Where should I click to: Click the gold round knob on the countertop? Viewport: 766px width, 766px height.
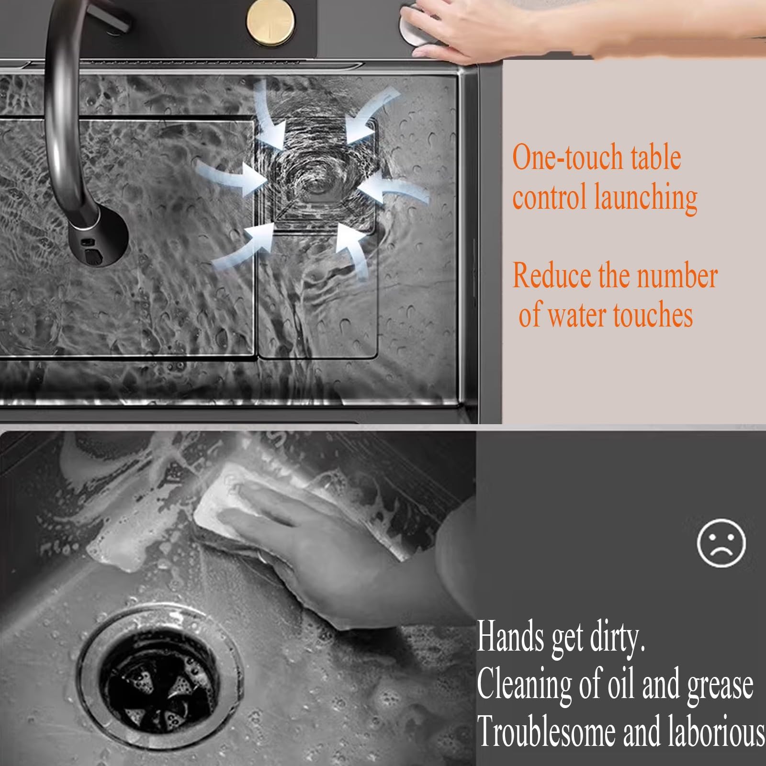pos(270,22)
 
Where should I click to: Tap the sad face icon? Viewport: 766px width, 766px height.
pos(721,543)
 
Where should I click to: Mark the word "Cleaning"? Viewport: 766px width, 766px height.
pos(524,685)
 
